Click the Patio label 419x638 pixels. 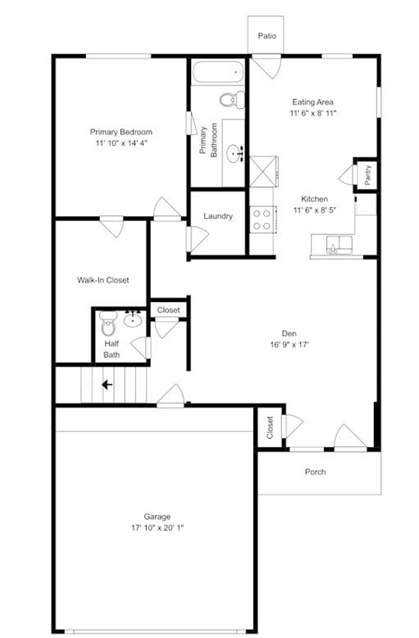coord(266,36)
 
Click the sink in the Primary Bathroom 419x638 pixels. coord(237,151)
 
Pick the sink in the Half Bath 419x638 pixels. coord(133,319)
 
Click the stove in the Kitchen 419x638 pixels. coord(262,219)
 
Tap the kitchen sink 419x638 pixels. coord(336,243)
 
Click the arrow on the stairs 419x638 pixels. coord(106,383)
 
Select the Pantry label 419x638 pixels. coord(367,174)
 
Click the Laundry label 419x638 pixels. coord(218,216)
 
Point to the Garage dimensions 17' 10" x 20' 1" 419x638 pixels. coord(157,527)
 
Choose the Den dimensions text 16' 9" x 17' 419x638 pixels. coord(289,344)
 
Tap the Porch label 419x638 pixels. coord(315,472)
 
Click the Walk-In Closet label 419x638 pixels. coord(102,280)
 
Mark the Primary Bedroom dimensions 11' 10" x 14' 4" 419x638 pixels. coord(121,143)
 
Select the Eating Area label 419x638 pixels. coord(312,102)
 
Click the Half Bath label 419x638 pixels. coord(112,349)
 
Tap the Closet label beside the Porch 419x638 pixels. coord(270,427)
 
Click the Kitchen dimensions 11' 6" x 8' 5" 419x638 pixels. coord(314,210)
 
